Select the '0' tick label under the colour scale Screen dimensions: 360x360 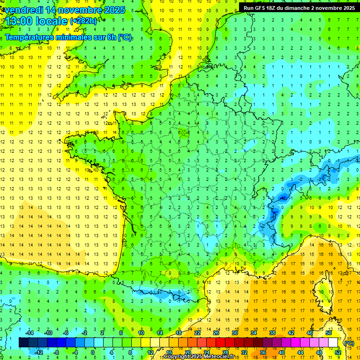click(x=93, y=352)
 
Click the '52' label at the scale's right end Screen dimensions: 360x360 click(x=338, y=352)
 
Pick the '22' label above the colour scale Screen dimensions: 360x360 click(x=197, y=332)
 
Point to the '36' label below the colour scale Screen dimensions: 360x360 click(x=263, y=352)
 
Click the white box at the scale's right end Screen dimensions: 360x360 click(x=333, y=343)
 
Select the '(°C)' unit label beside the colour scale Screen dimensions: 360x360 click(x=349, y=343)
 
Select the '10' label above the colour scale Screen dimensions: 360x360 click(x=141, y=332)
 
